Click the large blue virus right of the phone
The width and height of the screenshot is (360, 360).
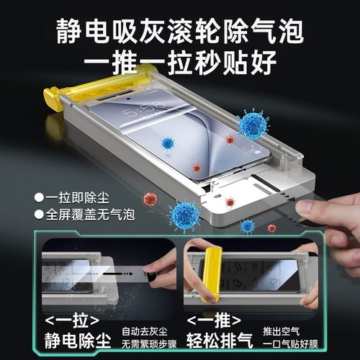click(x=253, y=124)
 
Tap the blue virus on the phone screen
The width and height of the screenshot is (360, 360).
click(x=168, y=143)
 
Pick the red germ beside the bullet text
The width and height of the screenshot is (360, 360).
click(x=150, y=198)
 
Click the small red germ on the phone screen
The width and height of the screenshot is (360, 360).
click(x=196, y=167)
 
